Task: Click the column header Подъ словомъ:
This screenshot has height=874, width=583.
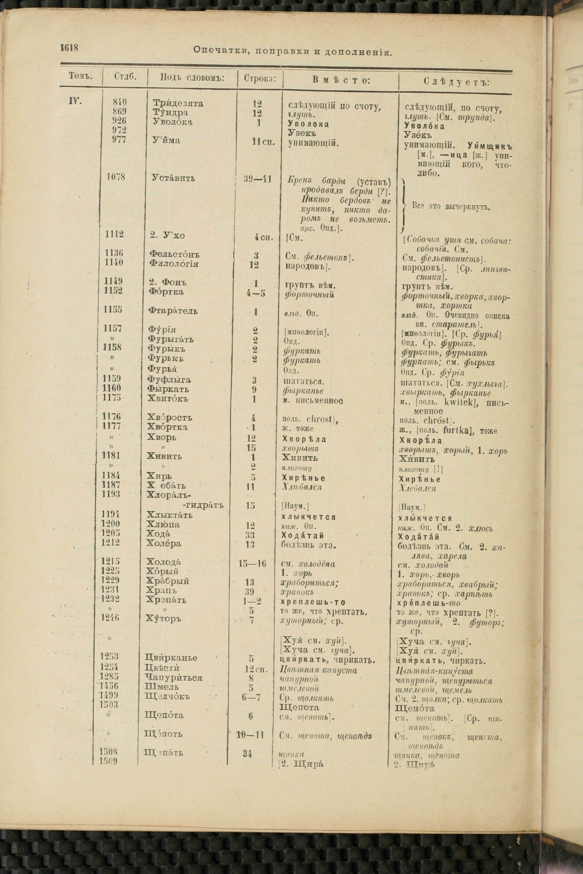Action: [x=192, y=77]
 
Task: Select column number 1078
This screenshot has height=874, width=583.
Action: [x=115, y=177]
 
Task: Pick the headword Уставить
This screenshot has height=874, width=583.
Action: [x=173, y=178]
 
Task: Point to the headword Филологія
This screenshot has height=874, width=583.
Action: [x=174, y=264]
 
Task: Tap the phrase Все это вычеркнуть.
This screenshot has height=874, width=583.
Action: [x=451, y=207]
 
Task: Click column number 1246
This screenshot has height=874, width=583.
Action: [x=110, y=618]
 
